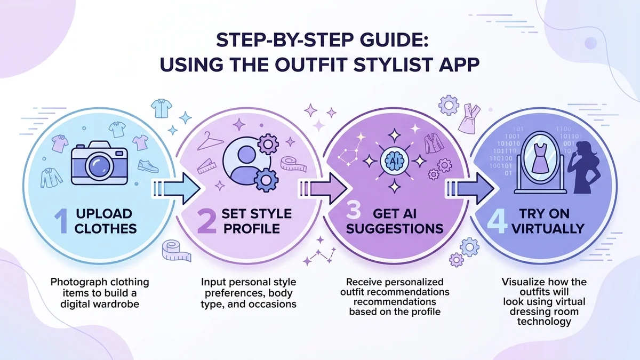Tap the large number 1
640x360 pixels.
click(63, 221)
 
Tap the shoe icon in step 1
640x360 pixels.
click(148, 166)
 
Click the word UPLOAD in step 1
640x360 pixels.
click(104, 214)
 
